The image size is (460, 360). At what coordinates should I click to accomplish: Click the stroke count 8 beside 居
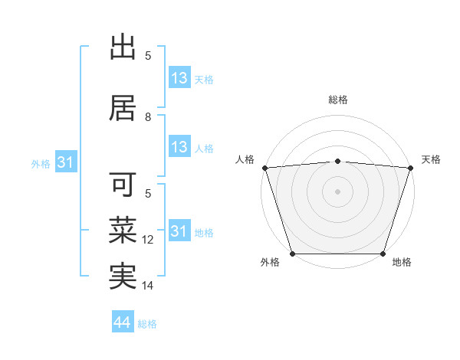coord(149,117)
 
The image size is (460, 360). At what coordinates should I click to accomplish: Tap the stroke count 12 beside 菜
coord(149,240)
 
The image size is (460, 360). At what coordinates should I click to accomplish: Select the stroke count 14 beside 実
coord(149,286)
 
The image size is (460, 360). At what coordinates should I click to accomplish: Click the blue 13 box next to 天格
coord(179,78)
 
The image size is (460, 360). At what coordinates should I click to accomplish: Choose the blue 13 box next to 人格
coord(179,147)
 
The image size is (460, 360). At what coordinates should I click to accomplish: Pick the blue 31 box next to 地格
coord(179,231)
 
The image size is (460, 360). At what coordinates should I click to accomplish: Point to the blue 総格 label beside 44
coord(147,324)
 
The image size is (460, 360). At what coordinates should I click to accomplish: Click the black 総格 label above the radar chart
coord(337,100)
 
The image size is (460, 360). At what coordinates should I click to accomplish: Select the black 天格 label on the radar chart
coord(432,159)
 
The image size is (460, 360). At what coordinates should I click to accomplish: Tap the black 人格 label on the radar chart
coord(245,159)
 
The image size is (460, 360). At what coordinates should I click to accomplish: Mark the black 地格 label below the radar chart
coord(402,262)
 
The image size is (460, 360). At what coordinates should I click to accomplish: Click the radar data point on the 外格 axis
coord(292,254)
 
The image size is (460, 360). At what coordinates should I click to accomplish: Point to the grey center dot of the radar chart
coord(337,191)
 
